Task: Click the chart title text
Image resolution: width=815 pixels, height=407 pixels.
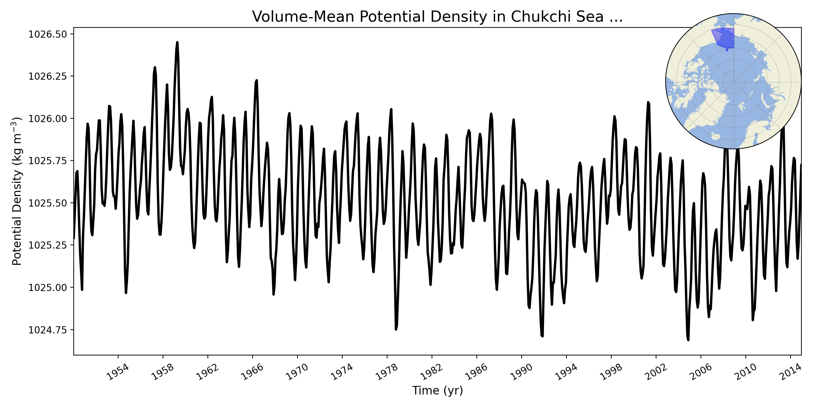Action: point(437,17)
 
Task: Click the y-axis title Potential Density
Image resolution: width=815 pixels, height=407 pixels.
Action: point(17,191)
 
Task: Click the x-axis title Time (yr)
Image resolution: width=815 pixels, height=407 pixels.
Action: point(437,390)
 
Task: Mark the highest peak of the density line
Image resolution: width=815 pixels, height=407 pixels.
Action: point(177,42)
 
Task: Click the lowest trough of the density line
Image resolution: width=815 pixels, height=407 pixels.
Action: point(688,340)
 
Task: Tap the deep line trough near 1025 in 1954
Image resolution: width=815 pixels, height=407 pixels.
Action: point(126,293)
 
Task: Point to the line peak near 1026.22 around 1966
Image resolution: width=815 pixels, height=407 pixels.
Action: point(257,80)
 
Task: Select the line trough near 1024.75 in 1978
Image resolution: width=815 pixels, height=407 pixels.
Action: point(396,329)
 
